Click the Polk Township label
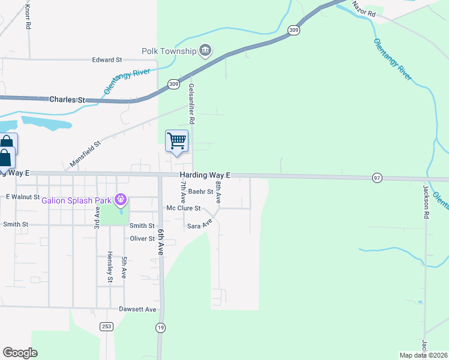pos(169,51)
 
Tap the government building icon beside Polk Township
pos(205,50)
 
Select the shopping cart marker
pos(176,142)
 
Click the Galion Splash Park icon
pos(121,199)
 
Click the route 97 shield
pos(377,178)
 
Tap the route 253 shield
pos(106,326)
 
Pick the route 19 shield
pos(160,327)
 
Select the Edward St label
pos(107,60)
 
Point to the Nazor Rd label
pos(364,8)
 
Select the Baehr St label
pos(200,192)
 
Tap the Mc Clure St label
pos(183,209)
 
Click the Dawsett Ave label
pos(138,310)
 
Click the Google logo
pos(20,353)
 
